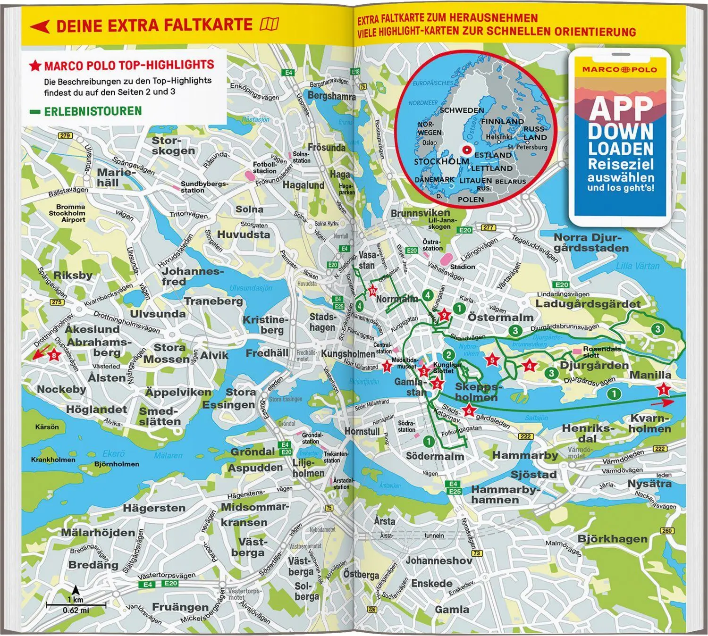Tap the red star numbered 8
(x=54, y=356)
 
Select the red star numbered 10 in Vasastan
(x=372, y=291)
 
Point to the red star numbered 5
(x=492, y=360)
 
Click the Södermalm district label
(x=435, y=456)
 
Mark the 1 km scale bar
(x=76, y=604)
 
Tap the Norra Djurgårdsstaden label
(x=591, y=243)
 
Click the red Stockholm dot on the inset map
(x=466, y=150)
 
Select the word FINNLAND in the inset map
(x=502, y=121)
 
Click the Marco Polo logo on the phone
(x=619, y=69)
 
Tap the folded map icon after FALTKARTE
(x=270, y=24)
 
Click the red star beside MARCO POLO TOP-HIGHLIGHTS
(x=35, y=66)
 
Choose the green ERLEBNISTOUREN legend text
(x=93, y=111)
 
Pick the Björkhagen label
(x=612, y=539)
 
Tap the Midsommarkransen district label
(x=254, y=515)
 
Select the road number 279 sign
(x=65, y=136)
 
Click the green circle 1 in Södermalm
(x=428, y=441)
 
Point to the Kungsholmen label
(x=348, y=354)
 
